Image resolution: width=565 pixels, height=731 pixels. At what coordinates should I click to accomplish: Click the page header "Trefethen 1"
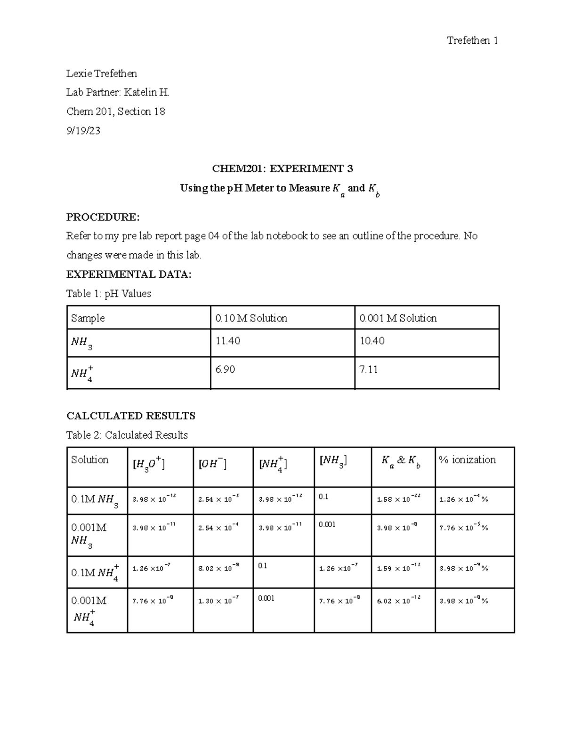coord(472,40)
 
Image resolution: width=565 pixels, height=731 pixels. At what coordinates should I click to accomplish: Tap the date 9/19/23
coord(83,131)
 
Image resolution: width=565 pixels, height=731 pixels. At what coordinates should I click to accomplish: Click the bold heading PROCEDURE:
coord(103,217)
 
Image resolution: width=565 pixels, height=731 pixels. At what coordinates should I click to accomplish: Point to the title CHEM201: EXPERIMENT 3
coord(282,169)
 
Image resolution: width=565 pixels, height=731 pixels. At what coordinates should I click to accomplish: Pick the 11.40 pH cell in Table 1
coord(228,341)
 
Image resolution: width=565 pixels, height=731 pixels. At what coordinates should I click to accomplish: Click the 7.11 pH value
coord(369,370)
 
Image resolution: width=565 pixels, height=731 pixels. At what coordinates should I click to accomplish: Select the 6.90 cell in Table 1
coord(225,370)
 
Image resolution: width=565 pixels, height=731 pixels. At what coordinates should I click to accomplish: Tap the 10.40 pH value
coord(372,341)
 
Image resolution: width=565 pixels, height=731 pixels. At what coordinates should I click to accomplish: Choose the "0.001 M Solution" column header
coord(398,318)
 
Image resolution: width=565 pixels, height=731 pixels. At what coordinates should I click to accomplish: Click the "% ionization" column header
coord(467,460)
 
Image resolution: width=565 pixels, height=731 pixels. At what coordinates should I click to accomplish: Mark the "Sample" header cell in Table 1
coord(88,318)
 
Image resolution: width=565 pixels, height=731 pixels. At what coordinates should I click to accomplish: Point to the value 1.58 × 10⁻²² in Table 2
coord(398,498)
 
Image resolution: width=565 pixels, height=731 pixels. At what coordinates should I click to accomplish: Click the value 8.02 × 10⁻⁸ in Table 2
coord(218,568)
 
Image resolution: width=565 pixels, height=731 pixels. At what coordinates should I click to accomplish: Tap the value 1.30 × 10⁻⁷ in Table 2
coord(218,600)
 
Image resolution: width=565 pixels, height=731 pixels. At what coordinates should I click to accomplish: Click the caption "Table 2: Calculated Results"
coord(127,435)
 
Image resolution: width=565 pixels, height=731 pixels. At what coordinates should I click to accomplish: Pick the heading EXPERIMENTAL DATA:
coord(129,274)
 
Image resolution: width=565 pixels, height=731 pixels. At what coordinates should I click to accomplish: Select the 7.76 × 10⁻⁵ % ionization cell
coord(463,528)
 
